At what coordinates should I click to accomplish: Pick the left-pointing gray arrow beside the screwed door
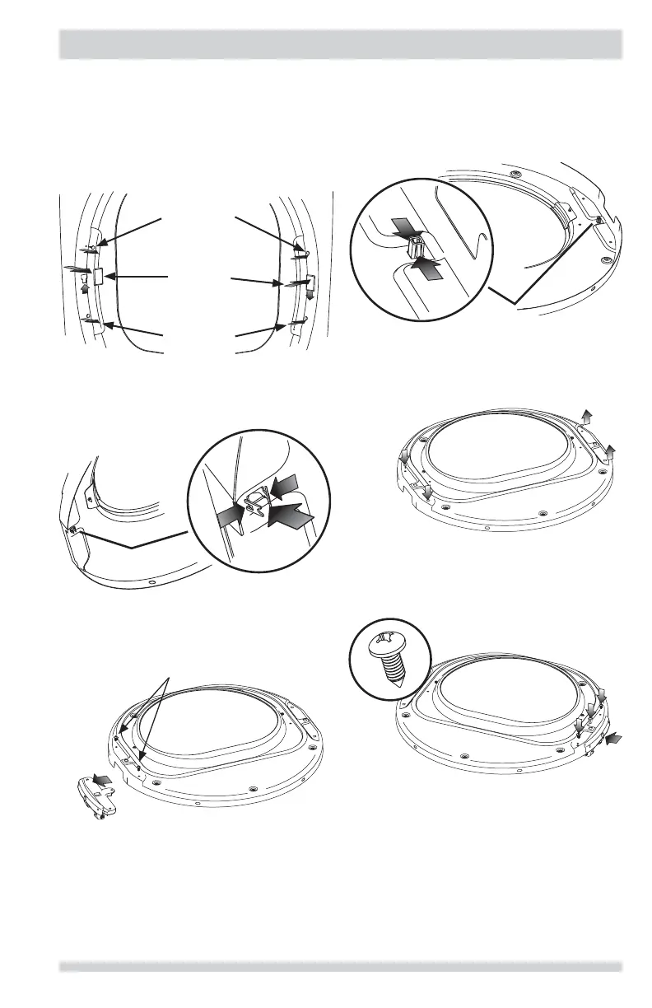click(614, 740)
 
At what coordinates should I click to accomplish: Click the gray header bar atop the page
click(341, 44)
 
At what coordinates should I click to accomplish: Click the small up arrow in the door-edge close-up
click(83, 288)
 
